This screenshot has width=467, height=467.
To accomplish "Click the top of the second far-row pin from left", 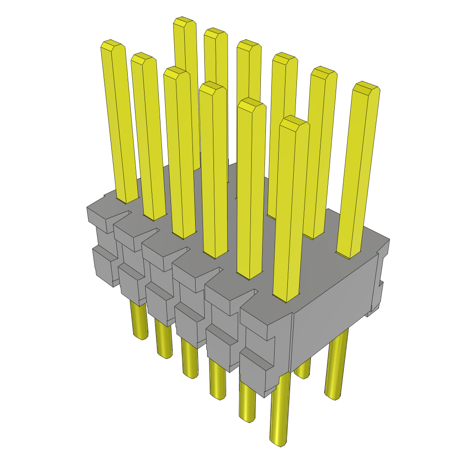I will (215, 33).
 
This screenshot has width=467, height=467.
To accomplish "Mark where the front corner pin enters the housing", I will (285, 297).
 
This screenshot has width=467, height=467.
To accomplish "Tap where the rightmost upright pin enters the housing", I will (348, 254).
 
